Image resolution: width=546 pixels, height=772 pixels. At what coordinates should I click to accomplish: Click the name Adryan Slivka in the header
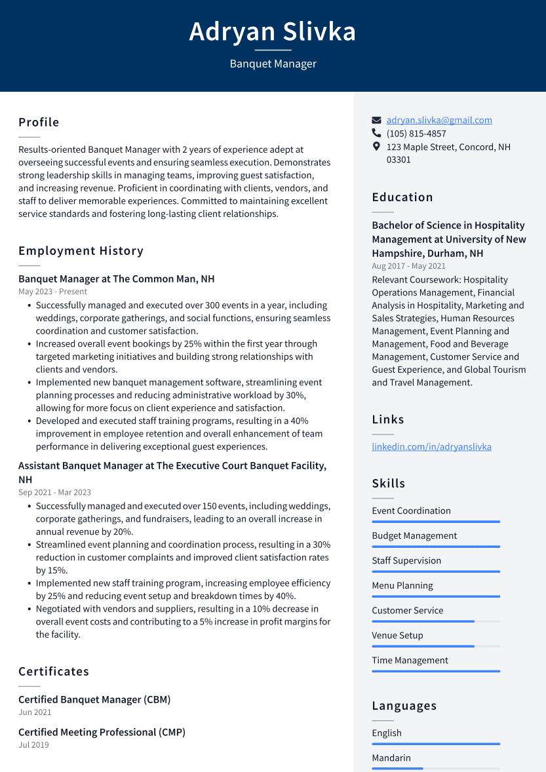(273, 31)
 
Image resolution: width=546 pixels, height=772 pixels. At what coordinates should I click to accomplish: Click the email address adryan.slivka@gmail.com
(439, 120)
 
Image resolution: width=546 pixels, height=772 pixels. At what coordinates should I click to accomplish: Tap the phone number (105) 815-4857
(416, 134)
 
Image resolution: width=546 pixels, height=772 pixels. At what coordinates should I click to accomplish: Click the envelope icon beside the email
(376, 121)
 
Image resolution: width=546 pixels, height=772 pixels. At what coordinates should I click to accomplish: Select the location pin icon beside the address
(376, 147)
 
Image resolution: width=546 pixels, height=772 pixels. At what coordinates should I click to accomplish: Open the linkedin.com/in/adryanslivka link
(431, 447)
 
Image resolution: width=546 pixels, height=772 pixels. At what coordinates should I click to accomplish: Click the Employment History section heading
(81, 251)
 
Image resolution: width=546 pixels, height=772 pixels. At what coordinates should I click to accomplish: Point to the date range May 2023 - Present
(52, 292)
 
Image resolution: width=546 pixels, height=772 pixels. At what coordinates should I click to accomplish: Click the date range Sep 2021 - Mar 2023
(54, 492)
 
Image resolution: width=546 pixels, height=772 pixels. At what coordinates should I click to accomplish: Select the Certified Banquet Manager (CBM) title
(94, 699)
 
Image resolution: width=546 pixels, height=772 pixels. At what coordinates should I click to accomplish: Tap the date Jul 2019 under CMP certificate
(33, 744)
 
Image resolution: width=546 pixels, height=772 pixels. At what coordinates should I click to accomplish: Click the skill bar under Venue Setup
(435, 646)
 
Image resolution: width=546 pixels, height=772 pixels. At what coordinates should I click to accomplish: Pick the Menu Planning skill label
(402, 585)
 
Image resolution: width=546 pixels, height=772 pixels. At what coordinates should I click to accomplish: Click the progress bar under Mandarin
(435, 769)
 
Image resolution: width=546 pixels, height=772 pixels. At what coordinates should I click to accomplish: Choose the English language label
(387, 733)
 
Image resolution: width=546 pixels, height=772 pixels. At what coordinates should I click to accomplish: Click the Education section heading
(402, 197)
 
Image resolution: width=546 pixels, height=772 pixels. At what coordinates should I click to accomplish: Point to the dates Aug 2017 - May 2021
(408, 266)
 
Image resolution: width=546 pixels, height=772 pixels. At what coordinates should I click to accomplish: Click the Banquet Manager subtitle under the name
(273, 64)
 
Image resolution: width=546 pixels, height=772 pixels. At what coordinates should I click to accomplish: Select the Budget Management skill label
(414, 535)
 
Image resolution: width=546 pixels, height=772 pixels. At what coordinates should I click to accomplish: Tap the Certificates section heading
(54, 672)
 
